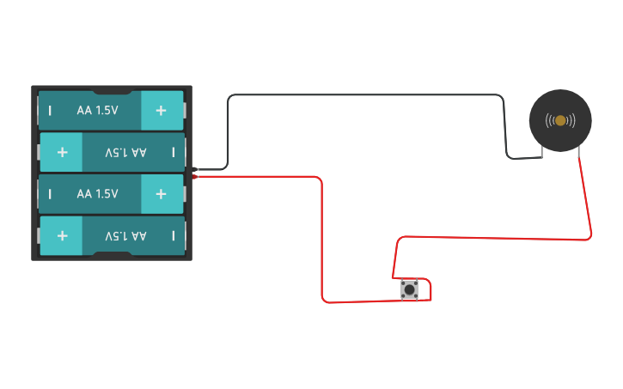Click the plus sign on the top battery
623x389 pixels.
tap(161, 110)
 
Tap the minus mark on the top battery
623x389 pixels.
tap(50, 110)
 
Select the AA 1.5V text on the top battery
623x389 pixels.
tap(96, 110)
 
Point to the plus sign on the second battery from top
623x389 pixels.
tap(62, 152)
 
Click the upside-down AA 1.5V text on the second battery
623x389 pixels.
tap(125, 152)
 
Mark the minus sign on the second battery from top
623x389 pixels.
tap(173, 152)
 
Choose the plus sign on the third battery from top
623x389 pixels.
tap(161, 193)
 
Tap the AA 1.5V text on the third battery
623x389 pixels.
tap(96, 193)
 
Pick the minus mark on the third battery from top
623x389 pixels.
tap(50, 193)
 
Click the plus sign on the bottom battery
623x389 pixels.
tap(62, 235)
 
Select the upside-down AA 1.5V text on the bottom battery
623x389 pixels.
tap(125, 235)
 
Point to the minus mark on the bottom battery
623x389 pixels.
tap(173, 235)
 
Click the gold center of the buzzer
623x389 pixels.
tap(560, 120)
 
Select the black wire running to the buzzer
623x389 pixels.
tap(361, 95)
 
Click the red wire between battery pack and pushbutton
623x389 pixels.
tap(321, 240)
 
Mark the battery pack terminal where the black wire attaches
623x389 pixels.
tap(196, 169)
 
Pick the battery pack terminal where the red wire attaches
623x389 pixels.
tap(196, 177)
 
